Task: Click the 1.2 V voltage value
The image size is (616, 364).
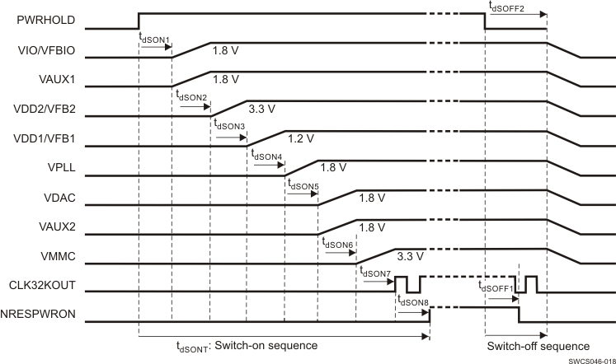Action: pos(301,138)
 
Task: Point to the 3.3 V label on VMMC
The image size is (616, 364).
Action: pos(410,257)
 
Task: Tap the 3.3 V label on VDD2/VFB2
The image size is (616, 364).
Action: pos(262,108)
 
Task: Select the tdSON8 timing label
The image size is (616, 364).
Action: pos(413,301)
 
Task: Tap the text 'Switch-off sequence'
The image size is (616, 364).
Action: pos(538,346)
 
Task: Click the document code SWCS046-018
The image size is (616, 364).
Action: pos(590,359)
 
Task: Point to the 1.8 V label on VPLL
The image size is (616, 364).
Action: pos(333,167)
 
